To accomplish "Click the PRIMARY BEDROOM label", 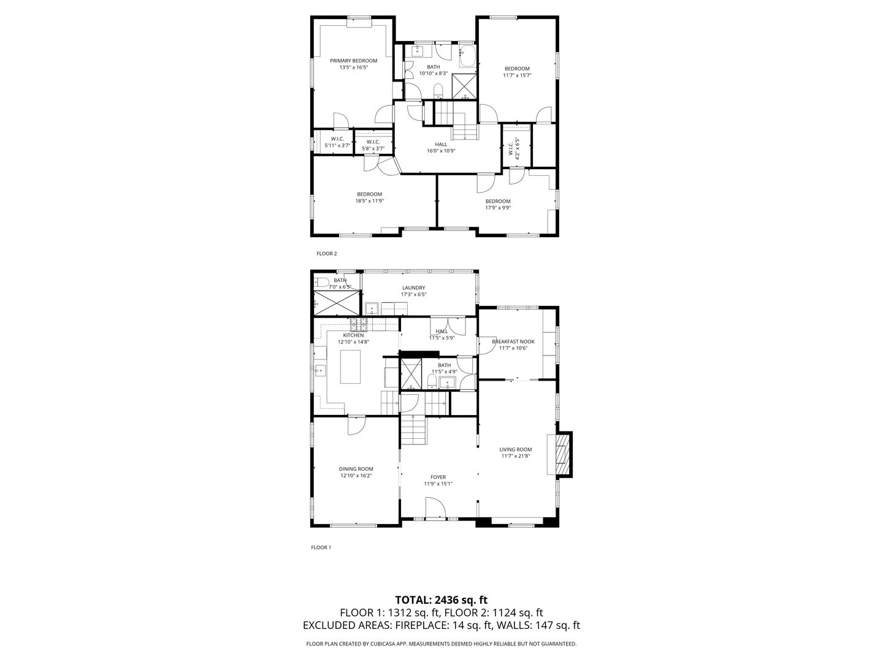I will [353, 61].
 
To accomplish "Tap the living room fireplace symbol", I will [561, 454].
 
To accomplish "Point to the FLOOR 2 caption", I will [326, 253].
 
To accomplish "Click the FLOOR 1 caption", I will [321, 547].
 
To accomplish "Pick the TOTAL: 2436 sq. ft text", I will [441, 599].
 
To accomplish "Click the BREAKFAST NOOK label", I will [513, 341].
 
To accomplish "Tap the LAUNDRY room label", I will [413, 287].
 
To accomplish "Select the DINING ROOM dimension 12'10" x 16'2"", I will [356, 476].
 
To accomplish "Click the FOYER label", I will [438, 477].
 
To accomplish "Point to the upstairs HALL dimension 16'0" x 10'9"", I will [441, 151].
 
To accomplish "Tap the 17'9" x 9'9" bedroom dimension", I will [497, 208].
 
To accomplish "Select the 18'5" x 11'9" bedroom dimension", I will [369, 201].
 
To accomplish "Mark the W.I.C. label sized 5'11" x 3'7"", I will [337, 146].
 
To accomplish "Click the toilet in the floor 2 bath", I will [438, 92].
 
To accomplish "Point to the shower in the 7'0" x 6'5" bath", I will [337, 302].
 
